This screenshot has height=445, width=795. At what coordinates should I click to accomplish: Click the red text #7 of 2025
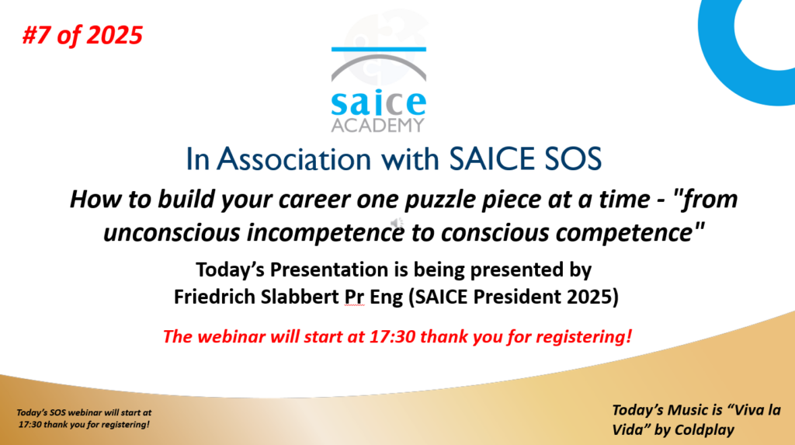click(x=82, y=36)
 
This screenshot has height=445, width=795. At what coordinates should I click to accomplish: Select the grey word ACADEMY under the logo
click(x=378, y=125)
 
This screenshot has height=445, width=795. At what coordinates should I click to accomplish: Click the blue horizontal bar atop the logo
click(x=379, y=49)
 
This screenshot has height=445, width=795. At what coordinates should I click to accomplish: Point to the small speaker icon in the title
click(x=397, y=223)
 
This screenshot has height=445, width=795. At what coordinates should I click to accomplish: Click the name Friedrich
click(x=214, y=297)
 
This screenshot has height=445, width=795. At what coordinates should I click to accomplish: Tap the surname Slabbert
click(x=300, y=297)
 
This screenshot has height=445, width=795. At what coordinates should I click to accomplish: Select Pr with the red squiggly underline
click(x=354, y=297)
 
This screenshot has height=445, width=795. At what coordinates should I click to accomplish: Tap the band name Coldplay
click(x=702, y=429)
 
